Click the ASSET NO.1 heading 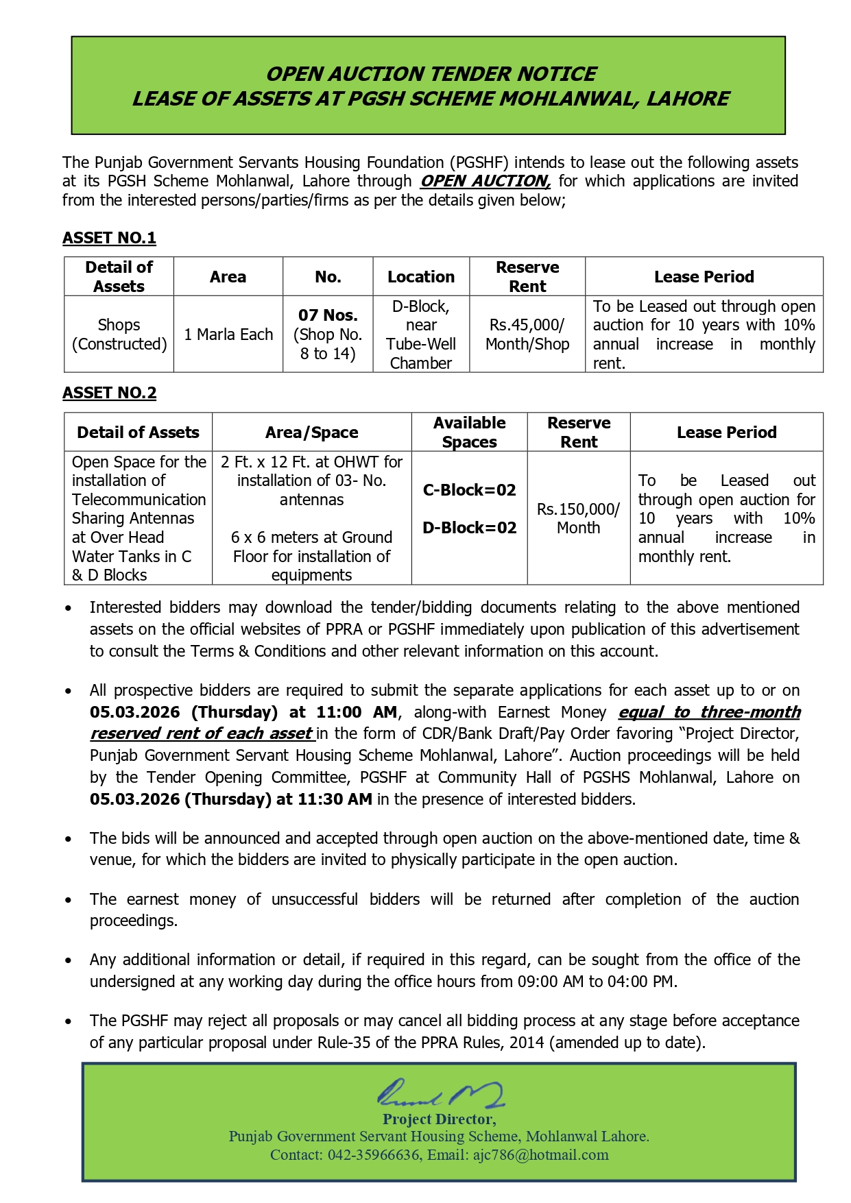pyautogui.click(x=109, y=238)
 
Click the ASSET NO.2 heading pyautogui.click(x=109, y=393)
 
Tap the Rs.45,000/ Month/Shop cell pyautogui.click(x=527, y=335)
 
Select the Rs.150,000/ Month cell pyautogui.click(x=578, y=518)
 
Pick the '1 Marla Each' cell pyautogui.click(x=228, y=335)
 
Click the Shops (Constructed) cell pyautogui.click(x=119, y=335)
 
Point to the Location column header pyautogui.click(x=421, y=277)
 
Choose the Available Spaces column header pyautogui.click(x=470, y=432)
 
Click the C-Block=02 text pyautogui.click(x=470, y=490)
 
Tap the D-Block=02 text pyautogui.click(x=470, y=528)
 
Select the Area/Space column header pyautogui.click(x=312, y=433)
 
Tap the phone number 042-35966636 pyautogui.click(x=373, y=1155)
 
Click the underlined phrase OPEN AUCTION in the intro pyautogui.click(x=485, y=181)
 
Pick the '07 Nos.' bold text pyautogui.click(x=328, y=315)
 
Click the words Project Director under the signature pyautogui.click(x=439, y=1119)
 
